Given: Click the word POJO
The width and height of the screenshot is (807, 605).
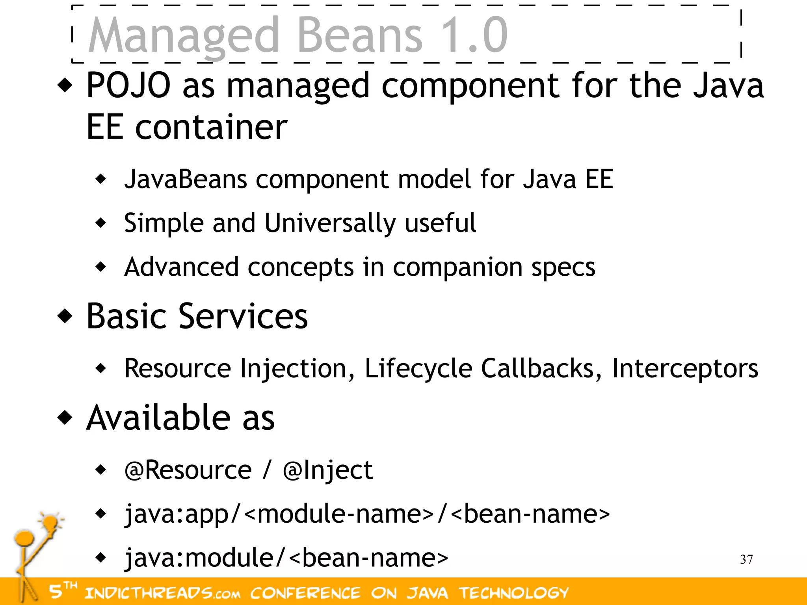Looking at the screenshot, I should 128,85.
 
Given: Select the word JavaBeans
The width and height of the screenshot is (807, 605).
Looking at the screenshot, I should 186,179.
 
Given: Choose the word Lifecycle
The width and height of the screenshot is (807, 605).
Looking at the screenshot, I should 418,369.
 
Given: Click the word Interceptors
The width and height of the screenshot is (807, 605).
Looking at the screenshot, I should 684,369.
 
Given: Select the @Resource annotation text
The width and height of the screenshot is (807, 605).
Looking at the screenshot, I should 188,470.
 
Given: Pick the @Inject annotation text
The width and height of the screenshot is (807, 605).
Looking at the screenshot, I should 327,471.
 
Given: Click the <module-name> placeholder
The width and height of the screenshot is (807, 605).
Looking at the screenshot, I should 339,514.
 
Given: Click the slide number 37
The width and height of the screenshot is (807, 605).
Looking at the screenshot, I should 746,559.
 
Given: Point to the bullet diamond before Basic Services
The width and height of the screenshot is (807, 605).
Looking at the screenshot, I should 65,316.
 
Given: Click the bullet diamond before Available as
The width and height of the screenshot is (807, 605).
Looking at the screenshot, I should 65,418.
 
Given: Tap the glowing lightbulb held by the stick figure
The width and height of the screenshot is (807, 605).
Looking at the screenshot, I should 50,523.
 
